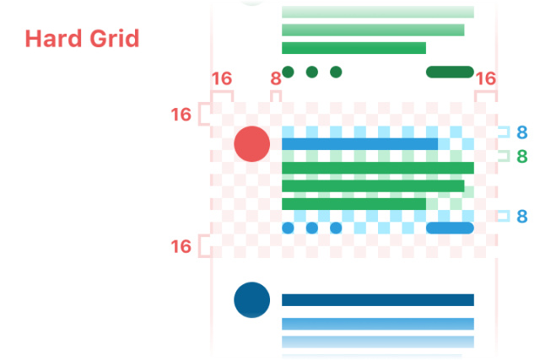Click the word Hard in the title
pos(51,39)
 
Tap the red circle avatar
pos(251,143)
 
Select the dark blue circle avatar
pos(251,300)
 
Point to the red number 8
pos(275,79)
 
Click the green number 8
pos(521,156)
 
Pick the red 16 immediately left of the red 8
pos(221,79)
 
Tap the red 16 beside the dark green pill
pos(485,79)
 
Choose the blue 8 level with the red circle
pos(521,132)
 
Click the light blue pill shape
pos(450,228)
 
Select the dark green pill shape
pos(450,72)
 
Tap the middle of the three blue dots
pos(311,228)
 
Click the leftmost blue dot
pos(288,228)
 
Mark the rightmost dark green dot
pos(336,72)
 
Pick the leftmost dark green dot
pos(288,72)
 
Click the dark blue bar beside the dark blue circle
pos(377,300)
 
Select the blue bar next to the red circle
pos(359,144)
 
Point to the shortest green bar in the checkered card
pos(354,204)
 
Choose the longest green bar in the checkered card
pos(377,168)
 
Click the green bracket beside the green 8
pos(504,156)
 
